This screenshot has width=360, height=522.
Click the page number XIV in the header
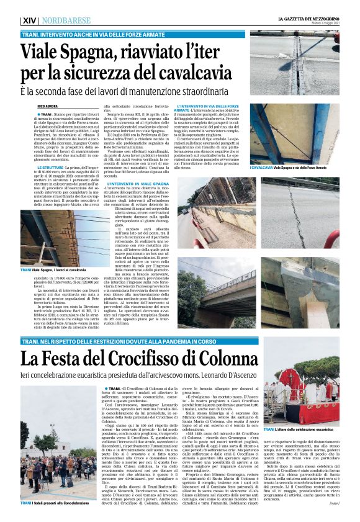(x=30, y=20)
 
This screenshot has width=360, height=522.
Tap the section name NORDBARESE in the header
(x=66, y=20)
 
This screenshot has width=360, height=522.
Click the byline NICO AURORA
(x=45, y=107)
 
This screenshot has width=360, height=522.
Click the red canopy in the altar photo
(x=294, y=385)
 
